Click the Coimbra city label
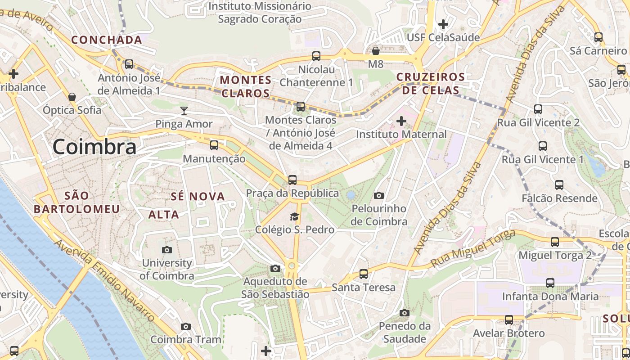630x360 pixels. pos(94,147)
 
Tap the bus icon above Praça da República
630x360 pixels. pos(292,180)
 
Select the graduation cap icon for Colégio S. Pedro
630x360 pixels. pos(294,216)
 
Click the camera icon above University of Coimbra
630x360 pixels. pos(167,250)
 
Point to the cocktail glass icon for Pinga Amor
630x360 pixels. pos(184,111)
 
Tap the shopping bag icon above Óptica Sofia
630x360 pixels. pos(72,97)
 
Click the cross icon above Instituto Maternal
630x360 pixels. pos(401,121)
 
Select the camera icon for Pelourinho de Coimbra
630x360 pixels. pos(379,195)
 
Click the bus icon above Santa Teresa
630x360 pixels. pos(363,274)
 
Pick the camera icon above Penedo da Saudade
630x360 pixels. pos(405,313)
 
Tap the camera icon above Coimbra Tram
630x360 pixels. pos(185,326)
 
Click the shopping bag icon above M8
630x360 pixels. pos(376,51)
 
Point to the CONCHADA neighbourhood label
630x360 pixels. pos(107,40)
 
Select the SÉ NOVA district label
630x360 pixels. pos(198,196)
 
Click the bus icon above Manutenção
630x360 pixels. pos(214,145)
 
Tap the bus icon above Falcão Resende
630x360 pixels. pos(559,185)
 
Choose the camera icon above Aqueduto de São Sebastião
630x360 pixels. pos(275,269)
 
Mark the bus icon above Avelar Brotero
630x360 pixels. pos(509,320)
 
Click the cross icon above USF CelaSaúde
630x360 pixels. pos(443,24)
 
